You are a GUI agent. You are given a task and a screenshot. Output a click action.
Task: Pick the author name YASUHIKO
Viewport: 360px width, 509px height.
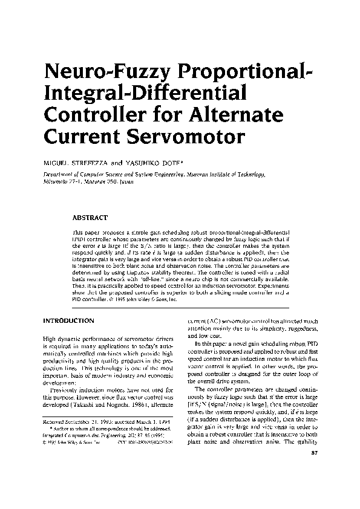160,164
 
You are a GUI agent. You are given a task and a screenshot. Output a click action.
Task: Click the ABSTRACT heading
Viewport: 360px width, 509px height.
90,216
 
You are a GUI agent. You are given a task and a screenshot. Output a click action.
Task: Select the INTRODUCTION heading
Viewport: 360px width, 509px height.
68,319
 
